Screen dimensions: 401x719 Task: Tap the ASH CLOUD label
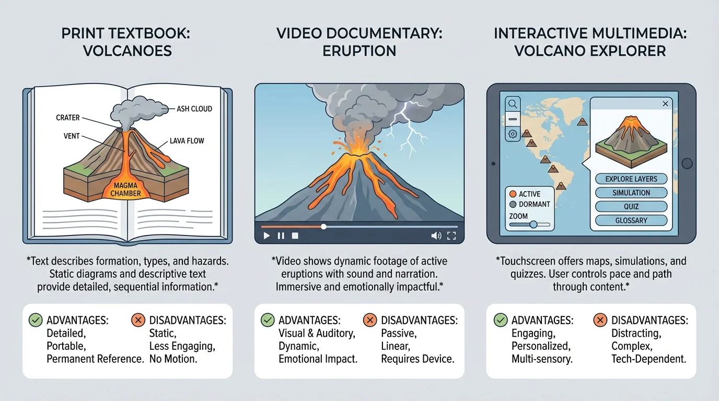(194, 109)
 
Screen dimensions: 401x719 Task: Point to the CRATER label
(68, 118)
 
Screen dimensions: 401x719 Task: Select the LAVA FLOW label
(187, 140)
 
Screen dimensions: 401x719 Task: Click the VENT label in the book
(72, 136)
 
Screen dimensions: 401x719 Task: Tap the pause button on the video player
(281, 235)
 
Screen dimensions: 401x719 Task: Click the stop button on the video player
(295, 235)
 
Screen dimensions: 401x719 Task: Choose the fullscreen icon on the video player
(451, 235)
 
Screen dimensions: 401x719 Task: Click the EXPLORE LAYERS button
(631, 179)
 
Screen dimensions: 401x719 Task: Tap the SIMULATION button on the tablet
(631, 193)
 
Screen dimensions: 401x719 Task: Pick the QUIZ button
(631, 206)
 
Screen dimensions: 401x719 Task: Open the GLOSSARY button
(631, 220)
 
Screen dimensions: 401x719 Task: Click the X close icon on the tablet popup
(665, 104)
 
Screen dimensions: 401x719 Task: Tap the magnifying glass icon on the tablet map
(512, 104)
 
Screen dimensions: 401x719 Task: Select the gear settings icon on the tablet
(512, 134)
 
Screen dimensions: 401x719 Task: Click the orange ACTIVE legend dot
(513, 194)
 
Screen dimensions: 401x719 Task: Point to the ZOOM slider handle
(534, 224)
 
